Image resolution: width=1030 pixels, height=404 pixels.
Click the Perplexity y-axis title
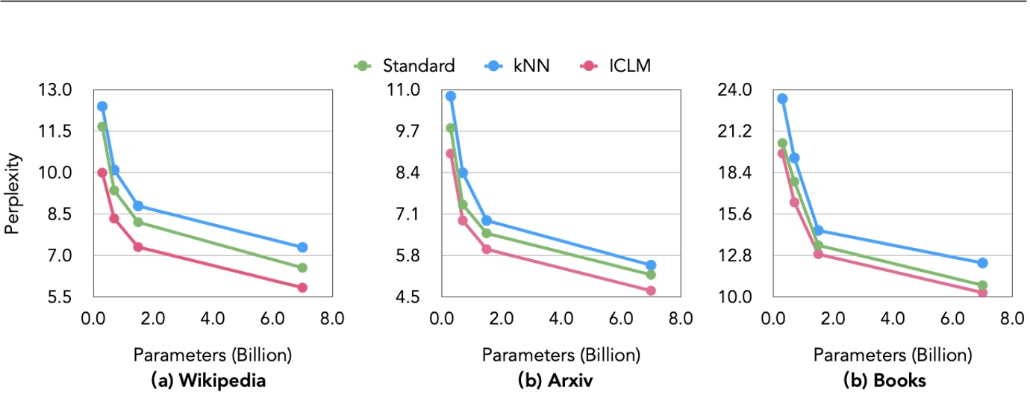(x=12, y=193)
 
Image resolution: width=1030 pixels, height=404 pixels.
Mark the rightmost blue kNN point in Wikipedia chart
(x=302, y=247)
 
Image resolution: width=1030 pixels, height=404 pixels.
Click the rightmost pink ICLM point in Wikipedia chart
(x=302, y=288)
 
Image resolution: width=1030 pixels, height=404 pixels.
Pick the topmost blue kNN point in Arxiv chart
(x=451, y=96)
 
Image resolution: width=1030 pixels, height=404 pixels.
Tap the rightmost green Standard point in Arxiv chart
(x=651, y=275)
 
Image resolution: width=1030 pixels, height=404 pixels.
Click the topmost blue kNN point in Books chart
(x=782, y=99)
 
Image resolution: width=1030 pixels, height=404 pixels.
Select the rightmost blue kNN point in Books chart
(x=982, y=263)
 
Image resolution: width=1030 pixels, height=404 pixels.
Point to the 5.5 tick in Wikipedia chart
(x=58, y=297)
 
